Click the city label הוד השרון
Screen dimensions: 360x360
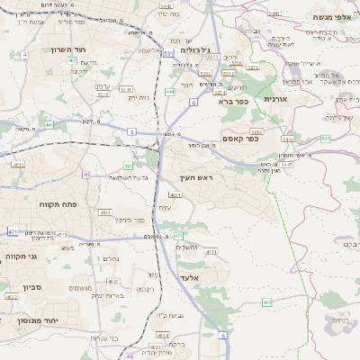67,49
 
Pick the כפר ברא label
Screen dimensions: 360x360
233,102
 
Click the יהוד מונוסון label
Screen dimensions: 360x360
37,320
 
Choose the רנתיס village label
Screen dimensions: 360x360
340,319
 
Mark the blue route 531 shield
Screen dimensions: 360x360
168,54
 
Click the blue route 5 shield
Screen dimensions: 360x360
131,131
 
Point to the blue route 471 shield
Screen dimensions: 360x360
13,231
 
